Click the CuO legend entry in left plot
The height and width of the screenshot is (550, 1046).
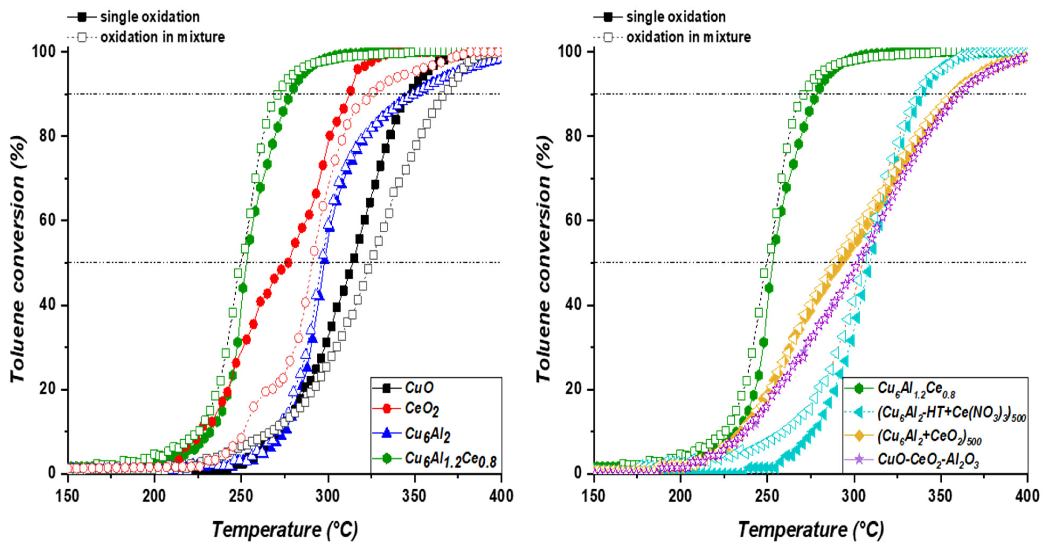coord(419,388)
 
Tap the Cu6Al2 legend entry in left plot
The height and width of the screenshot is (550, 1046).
coord(427,434)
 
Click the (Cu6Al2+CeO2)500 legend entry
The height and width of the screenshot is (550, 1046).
coord(929,437)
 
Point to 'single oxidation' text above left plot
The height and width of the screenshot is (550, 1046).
coord(150,17)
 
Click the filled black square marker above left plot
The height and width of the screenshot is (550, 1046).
coord(82,17)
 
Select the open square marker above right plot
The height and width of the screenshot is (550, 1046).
coord(608,37)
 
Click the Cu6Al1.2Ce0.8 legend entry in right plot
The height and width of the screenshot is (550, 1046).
coord(916,389)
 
